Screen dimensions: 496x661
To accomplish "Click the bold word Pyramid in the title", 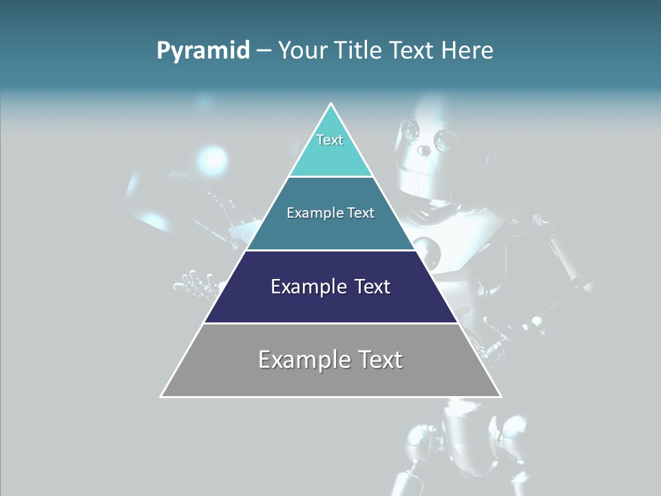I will pyautogui.click(x=203, y=51).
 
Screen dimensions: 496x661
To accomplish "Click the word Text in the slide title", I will pyautogui.click(x=412, y=51).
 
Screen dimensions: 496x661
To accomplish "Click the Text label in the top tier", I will pyautogui.click(x=330, y=140).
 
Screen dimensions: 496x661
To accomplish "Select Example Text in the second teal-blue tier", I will pyautogui.click(x=330, y=213).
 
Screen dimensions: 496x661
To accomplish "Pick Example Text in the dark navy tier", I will pyautogui.click(x=330, y=287).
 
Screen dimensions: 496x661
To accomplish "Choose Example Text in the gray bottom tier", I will pyautogui.click(x=330, y=360).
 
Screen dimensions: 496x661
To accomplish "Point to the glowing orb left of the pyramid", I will pyautogui.click(x=213, y=161).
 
